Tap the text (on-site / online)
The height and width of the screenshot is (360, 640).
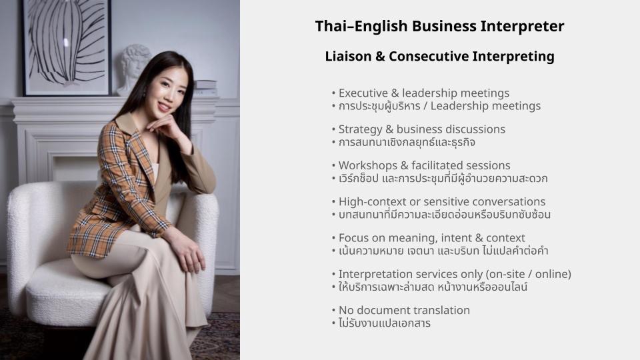click(x=529, y=274)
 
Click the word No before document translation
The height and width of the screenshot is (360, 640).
click(x=345, y=310)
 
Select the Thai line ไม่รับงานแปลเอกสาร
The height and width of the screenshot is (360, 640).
click(x=385, y=323)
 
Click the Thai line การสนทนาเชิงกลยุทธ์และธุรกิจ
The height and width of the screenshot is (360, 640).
click(x=407, y=142)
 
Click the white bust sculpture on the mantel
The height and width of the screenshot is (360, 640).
click(x=133, y=70)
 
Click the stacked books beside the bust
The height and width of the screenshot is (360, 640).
click(x=205, y=88)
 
